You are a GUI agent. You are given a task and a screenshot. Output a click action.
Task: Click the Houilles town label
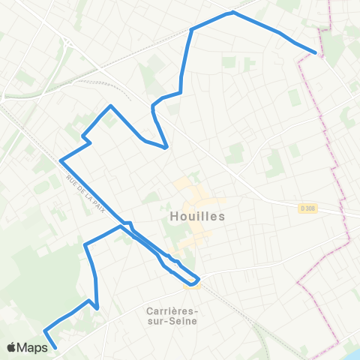(x=193, y=215)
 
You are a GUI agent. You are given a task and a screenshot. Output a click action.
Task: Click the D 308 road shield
(x=305, y=209)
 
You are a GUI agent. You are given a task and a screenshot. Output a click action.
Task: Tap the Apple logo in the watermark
(x=12, y=347)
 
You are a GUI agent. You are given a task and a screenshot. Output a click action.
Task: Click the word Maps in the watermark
(x=32, y=347)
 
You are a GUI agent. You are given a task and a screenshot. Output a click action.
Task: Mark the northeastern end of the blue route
(x=313, y=52)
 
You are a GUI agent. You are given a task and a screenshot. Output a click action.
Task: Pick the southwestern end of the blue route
(x=56, y=348)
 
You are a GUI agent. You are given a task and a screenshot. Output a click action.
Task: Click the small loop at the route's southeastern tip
(x=194, y=281)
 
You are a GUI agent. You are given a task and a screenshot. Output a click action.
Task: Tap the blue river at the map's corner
(x=352, y=353)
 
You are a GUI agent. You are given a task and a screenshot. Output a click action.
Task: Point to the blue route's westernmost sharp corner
(x=60, y=160)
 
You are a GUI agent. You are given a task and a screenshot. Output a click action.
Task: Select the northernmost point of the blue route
(x=233, y=12)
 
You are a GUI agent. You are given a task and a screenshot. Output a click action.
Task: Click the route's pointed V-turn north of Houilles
(x=165, y=148)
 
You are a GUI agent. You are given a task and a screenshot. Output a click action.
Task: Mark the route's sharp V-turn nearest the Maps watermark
(x=46, y=331)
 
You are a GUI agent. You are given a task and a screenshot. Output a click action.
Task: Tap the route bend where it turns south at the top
(x=192, y=30)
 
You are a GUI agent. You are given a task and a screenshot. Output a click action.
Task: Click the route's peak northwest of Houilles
(x=111, y=106)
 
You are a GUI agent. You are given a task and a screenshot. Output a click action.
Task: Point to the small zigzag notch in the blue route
(x=87, y=139)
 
